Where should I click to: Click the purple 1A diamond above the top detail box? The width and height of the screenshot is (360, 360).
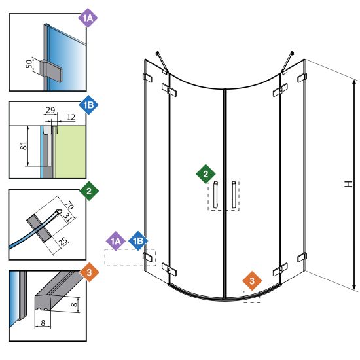88,18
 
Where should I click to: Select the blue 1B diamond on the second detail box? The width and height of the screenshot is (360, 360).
88,105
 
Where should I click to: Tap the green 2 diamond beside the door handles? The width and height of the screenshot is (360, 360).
206,174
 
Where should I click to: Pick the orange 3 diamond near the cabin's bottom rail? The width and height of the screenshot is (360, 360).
252,281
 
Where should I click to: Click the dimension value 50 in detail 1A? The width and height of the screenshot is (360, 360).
29,64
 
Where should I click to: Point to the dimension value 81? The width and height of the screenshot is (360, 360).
24,145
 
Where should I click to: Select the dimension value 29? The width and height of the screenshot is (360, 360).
50,110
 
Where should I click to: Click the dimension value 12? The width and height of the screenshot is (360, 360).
71,117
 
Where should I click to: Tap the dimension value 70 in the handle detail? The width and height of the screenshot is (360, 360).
69,205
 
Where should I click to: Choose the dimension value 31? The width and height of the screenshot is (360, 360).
67,217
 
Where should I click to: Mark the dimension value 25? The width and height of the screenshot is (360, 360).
63,241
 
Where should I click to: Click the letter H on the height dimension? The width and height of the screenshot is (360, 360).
348,184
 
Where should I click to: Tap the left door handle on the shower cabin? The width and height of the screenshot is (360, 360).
215,194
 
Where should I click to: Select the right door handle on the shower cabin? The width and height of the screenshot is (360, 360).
234,194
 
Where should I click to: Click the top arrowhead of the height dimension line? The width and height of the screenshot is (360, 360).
354,82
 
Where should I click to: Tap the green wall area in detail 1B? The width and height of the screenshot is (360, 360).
71,152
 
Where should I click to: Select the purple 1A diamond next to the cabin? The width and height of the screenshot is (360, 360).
115,241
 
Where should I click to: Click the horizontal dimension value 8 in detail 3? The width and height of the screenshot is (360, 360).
43,323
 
